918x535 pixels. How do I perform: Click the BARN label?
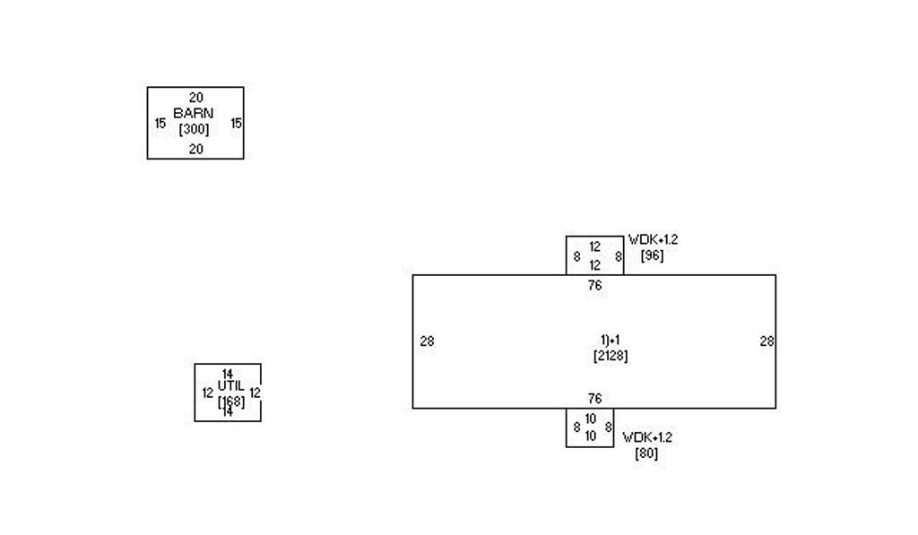click(194, 114)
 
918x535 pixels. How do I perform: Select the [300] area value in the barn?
click(194, 130)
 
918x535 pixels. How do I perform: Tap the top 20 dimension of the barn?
click(196, 98)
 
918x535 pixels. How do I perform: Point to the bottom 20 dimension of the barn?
click(195, 150)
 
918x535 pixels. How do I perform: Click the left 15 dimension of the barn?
click(160, 124)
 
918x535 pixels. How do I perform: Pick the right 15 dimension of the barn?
click(236, 124)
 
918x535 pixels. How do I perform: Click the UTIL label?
click(230, 386)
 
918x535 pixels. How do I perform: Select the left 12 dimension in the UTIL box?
click(207, 393)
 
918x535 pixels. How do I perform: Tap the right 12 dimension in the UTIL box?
click(255, 393)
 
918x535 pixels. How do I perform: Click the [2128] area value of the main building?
click(611, 356)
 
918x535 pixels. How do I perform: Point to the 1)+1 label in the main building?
click(611, 340)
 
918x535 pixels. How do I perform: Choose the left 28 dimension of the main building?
click(427, 341)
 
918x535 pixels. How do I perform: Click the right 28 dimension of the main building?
click(766, 341)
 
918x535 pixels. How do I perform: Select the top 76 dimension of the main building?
click(594, 286)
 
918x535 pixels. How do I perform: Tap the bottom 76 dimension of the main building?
click(594, 399)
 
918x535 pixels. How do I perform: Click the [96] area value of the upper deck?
click(652, 255)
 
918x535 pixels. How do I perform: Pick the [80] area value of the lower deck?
click(646, 453)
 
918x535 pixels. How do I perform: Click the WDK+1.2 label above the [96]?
click(653, 239)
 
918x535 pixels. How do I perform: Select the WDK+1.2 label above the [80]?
click(647, 437)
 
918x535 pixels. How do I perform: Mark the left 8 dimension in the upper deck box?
click(576, 256)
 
